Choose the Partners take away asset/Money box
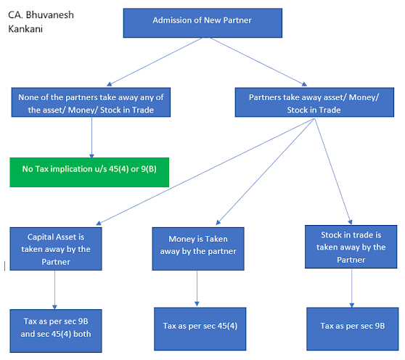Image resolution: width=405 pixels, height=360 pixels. coord(313,103)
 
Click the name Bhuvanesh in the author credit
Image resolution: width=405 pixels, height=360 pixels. coord(50,15)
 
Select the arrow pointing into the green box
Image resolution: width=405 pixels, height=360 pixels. coord(91,138)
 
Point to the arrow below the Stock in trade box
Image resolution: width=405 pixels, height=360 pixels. coord(351,289)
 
